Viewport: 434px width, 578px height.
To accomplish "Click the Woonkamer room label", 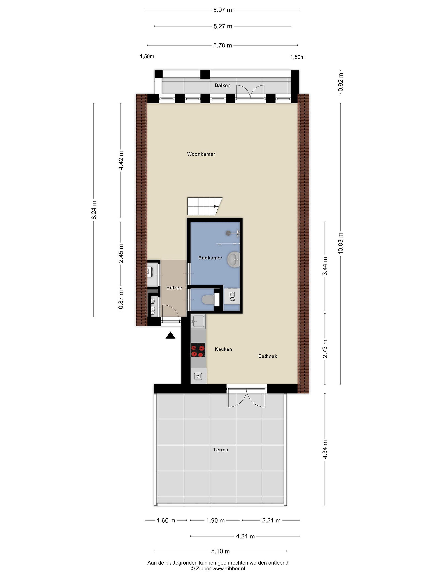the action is tap(201, 154).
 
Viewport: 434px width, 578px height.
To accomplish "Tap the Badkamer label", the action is tap(210, 258).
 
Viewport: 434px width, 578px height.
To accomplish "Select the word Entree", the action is tap(174, 288).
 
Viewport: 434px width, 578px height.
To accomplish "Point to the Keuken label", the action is tap(223, 349).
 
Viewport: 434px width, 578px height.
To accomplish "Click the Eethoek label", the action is tap(267, 356).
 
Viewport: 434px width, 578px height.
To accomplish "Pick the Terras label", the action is tap(221, 450).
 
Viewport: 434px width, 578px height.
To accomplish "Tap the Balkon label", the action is tap(222, 85).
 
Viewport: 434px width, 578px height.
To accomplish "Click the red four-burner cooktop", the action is tap(198, 350).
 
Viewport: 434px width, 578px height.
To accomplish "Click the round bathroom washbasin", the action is tap(233, 259).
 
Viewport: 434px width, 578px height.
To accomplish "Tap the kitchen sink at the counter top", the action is tap(198, 321).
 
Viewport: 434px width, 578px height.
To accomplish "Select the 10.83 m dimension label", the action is tap(340, 243).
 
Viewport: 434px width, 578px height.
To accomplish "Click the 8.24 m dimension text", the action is tap(94, 210).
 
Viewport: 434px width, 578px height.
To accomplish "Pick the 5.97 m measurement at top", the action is tap(223, 10).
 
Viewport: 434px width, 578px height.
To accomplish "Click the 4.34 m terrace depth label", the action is tap(325, 449).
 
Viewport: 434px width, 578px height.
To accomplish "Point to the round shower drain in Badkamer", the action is tap(229, 233).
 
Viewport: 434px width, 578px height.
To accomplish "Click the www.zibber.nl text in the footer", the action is tap(229, 569).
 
